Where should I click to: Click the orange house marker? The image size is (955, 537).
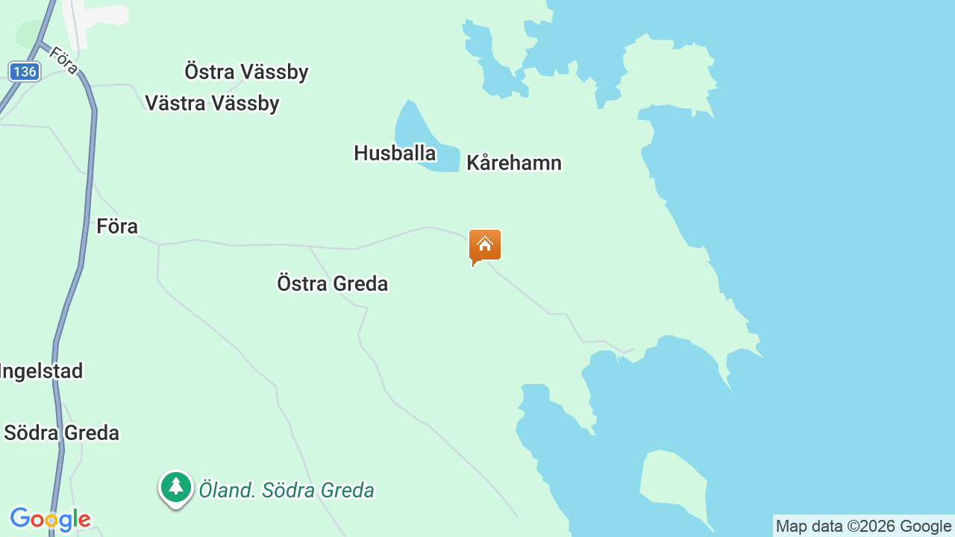click(485, 245)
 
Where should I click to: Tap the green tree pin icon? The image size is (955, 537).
click(176, 487)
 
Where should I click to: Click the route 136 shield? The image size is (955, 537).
click(25, 72)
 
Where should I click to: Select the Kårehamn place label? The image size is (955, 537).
click(513, 163)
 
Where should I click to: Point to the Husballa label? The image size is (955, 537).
click(395, 153)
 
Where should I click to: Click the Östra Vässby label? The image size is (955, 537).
click(246, 72)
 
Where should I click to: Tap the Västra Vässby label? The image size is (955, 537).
click(212, 103)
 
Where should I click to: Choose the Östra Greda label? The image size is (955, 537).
click(332, 283)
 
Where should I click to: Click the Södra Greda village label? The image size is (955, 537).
click(61, 433)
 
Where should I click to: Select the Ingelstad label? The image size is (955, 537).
click(41, 371)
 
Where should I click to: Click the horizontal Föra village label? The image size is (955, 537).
click(117, 226)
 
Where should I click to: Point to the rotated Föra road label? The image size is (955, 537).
click(64, 60)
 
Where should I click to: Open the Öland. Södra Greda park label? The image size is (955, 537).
click(286, 490)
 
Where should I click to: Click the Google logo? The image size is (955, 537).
click(50, 519)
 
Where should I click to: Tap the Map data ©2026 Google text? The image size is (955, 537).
click(863, 527)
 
